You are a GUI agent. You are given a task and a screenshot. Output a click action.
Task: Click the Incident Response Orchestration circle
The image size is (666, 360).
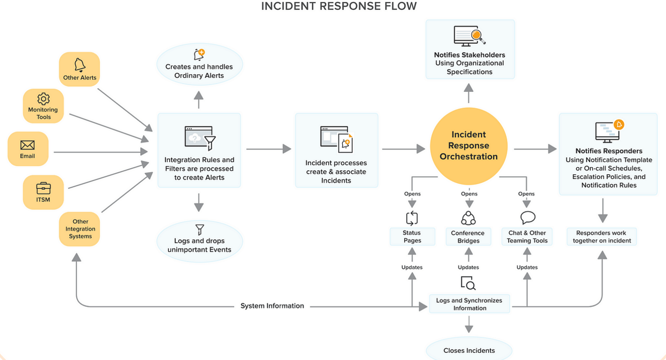(x=468, y=145)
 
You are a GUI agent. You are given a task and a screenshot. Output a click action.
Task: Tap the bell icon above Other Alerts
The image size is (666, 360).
(x=79, y=64)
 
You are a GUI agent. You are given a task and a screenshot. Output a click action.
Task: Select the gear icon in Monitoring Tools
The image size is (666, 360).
(x=43, y=99)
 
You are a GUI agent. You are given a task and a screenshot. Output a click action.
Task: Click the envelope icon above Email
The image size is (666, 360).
(x=27, y=145)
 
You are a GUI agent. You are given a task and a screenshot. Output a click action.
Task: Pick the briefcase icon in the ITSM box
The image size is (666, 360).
(x=43, y=188)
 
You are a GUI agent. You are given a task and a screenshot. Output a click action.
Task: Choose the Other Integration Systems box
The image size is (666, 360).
(x=80, y=229)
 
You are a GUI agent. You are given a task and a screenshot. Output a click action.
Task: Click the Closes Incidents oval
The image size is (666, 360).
(x=469, y=350)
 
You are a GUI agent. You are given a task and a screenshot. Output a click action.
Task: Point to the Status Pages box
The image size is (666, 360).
(x=412, y=237)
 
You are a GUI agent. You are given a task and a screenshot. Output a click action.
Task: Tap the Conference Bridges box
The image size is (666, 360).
(x=468, y=237)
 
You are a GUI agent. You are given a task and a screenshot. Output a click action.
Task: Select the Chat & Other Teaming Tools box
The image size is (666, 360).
(x=527, y=237)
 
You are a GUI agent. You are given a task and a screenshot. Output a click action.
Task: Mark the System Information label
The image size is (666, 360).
(x=272, y=306)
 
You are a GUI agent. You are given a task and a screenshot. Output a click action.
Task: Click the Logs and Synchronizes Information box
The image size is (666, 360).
(x=470, y=304)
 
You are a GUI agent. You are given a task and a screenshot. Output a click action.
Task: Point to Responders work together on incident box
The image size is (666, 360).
(x=602, y=237)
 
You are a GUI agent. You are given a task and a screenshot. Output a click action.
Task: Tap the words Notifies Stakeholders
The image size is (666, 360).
(x=469, y=55)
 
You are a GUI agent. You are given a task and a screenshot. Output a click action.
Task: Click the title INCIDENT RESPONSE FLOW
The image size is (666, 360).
(x=339, y=6)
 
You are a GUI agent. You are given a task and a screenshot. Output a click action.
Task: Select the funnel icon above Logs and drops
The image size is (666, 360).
(x=199, y=230)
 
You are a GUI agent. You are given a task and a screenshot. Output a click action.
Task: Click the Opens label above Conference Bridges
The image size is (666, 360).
(x=469, y=194)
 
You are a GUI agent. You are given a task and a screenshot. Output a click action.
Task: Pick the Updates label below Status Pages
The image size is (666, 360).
(x=412, y=267)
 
